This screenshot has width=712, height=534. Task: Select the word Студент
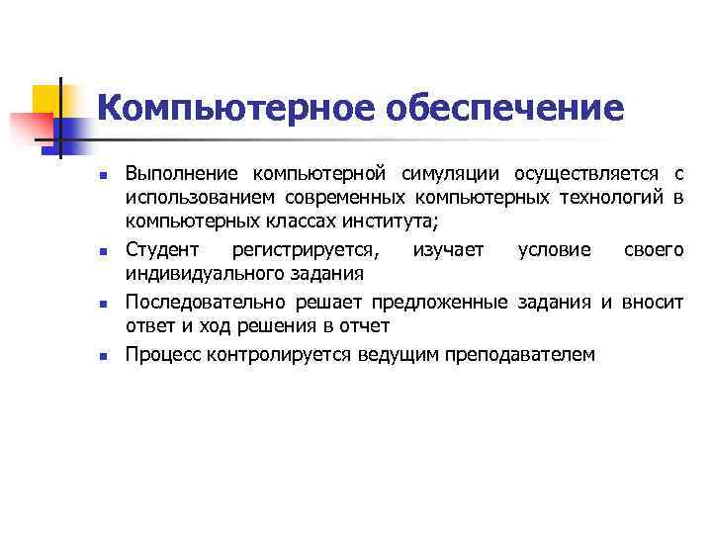161,251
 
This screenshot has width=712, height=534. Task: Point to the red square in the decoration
30,129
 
